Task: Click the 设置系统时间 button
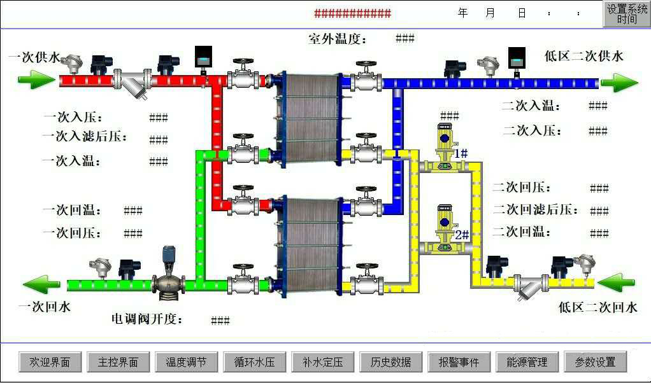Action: (x=626, y=14)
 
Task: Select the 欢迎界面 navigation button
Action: (x=53, y=362)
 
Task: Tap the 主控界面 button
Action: (x=118, y=362)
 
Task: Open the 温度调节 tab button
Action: (x=186, y=362)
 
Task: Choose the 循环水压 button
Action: (x=254, y=362)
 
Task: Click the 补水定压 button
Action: (x=322, y=362)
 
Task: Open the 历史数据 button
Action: (x=390, y=362)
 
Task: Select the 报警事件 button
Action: (x=459, y=362)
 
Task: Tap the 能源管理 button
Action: (x=527, y=362)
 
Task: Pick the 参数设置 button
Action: (x=595, y=362)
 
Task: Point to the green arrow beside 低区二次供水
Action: (x=619, y=82)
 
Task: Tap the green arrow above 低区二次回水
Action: (x=617, y=282)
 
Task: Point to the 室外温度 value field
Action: (x=405, y=38)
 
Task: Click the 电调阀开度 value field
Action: (x=220, y=320)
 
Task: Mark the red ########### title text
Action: (x=352, y=13)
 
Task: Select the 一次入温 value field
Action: (x=159, y=162)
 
